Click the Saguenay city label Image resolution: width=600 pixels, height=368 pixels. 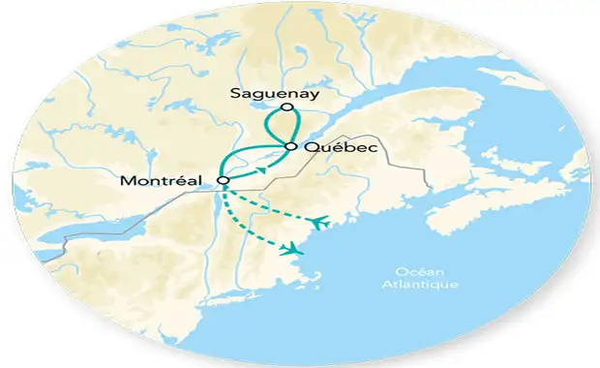coord(274,93)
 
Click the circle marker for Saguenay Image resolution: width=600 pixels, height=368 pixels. coord(285,107)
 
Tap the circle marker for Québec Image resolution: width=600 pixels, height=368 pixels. coord(290,146)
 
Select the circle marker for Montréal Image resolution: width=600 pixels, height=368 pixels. coord(225,180)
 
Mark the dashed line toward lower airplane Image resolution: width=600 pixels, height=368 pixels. coord(247,229)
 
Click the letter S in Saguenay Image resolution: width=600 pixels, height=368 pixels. coord(236,93)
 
